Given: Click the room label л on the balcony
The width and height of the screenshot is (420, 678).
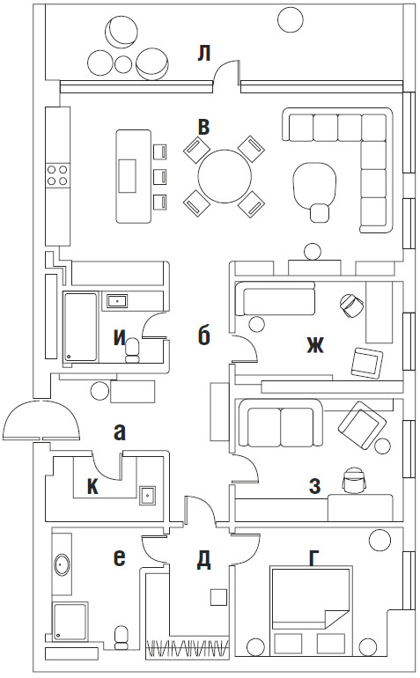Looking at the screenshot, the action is [203, 55].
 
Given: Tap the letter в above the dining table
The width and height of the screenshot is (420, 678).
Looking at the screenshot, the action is [203, 127].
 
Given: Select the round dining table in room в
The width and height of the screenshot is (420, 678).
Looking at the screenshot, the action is [225, 176].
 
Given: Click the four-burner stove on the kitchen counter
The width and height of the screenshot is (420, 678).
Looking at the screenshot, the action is [57, 174].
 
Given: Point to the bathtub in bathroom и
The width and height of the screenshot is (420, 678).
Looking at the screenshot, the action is [80, 327].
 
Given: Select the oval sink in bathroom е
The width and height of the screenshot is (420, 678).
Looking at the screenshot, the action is [62, 564].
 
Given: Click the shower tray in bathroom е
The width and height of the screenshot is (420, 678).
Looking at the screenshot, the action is [70, 622].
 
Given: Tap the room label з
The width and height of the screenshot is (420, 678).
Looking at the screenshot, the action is [314, 486].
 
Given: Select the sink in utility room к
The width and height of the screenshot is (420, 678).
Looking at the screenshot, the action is [148, 494].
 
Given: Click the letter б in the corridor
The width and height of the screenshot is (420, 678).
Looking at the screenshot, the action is [203, 335].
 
